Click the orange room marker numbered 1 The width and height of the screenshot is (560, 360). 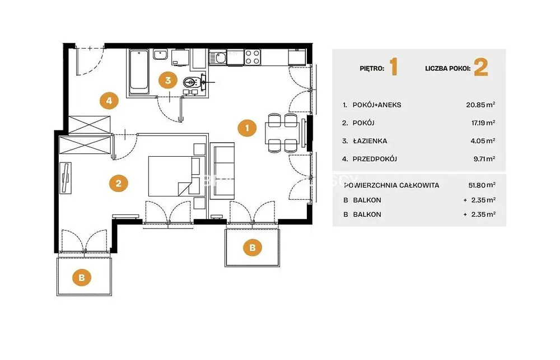(247, 128)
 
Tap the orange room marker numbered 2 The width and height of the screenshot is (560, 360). (118, 183)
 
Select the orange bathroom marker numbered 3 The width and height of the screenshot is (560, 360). (168, 81)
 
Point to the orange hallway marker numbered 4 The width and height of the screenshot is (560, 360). (109, 100)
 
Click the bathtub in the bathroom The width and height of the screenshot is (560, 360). (139, 72)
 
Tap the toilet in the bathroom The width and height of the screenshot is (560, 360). (191, 83)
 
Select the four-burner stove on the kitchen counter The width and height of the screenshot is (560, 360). (252, 57)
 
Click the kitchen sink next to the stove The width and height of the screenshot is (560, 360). (217, 57)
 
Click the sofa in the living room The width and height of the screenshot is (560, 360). (222, 171)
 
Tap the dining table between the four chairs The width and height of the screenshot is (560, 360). (282, 133)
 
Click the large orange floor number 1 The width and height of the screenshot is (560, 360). (394, 67)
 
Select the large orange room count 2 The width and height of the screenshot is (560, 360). (480, 67)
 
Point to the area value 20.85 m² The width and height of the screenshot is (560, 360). (480, 105)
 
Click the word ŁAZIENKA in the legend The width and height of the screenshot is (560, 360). (370, 141)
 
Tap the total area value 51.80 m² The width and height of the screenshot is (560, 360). (482, 185)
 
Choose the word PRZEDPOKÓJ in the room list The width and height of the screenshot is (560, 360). (375, 159)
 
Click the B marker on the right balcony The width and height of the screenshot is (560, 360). (253, 247)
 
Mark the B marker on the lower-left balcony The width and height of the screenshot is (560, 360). (82, 278)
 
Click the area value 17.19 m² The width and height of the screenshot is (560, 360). (483, 123)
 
